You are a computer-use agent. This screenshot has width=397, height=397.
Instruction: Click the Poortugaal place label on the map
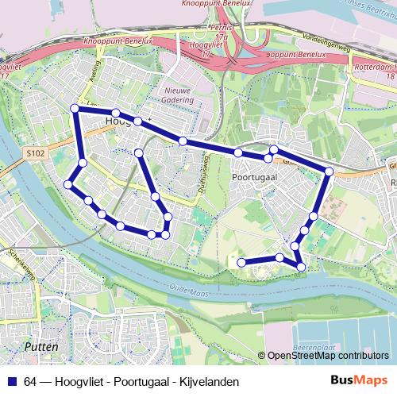[x=255, y=179]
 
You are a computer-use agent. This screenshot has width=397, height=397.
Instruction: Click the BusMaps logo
[x=359, y=381]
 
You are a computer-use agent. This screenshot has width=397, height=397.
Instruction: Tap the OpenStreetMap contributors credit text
[x=327, y=356]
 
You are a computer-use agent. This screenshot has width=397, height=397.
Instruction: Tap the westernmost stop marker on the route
[x=68, y=184]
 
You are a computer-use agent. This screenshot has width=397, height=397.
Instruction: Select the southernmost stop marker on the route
[x=300, y=265]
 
